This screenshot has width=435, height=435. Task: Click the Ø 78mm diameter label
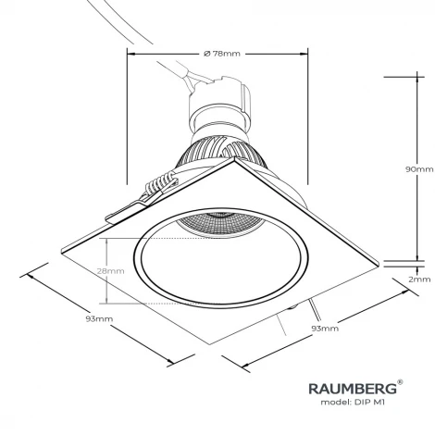pos(220,54)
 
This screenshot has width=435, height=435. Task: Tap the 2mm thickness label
pos(420,278)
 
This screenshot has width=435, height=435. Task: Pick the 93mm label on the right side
pos(324,328)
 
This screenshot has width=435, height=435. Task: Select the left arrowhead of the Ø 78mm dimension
pos(130,54)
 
